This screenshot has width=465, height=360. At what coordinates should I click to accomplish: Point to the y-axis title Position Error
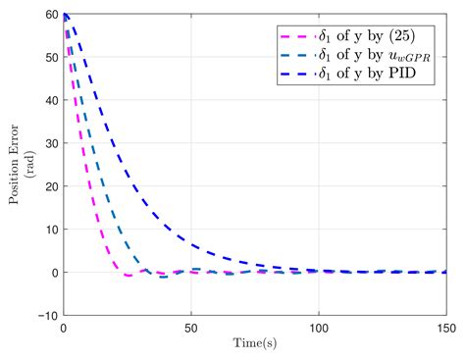click(x=14, y=166)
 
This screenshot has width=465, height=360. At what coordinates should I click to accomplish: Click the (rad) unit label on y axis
click(x=28, y=166)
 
